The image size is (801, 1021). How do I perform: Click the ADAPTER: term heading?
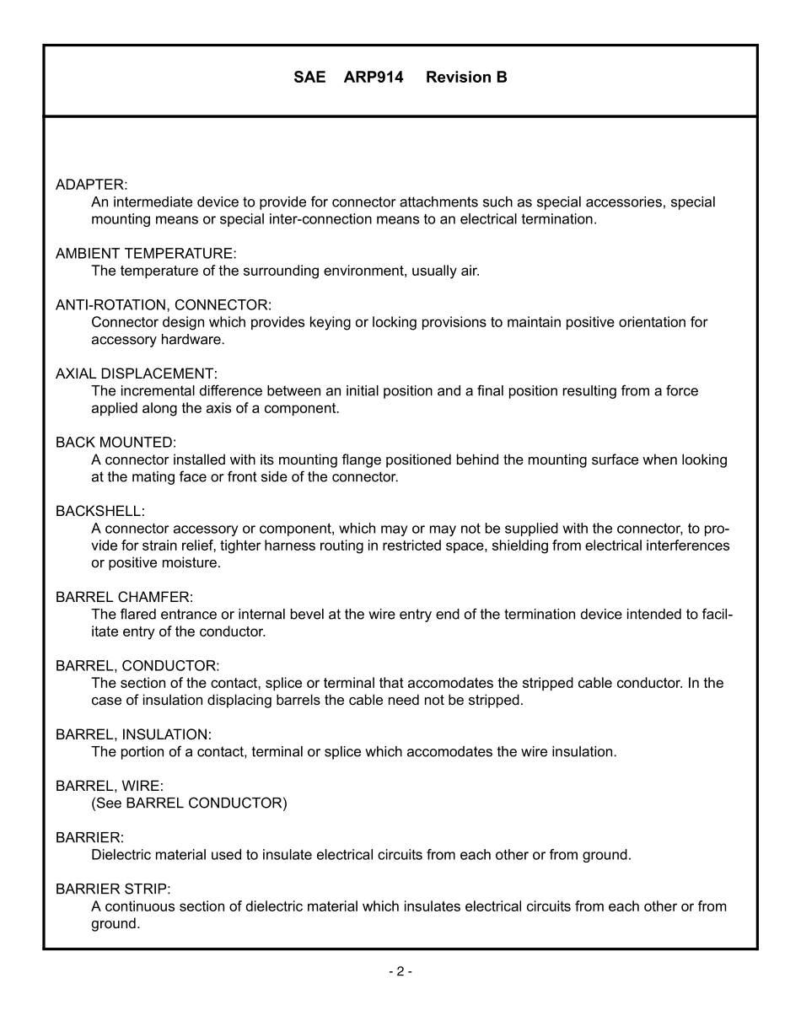pos(91,185)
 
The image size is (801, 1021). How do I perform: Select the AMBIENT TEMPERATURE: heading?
pos(146,254)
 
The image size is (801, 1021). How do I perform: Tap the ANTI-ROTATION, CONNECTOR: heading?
pos(164,305)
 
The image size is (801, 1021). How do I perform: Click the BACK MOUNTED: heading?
pos(116,443)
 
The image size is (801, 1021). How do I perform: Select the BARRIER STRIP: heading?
pos(113,889)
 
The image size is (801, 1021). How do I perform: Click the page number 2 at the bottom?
pos(400,972)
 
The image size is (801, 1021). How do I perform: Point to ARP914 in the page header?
pos(374,78)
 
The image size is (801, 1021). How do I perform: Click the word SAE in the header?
pos(309,78)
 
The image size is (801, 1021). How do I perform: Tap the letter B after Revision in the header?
pos(502,78)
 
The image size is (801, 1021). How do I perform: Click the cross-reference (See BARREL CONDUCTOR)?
pos(189,803)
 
